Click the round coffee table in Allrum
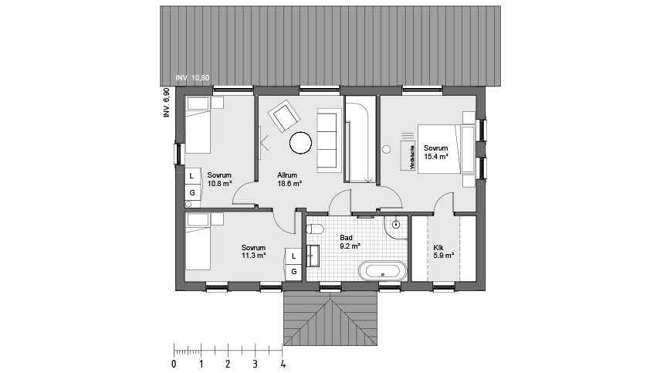click(300, 141)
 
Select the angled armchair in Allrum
click(283, 117)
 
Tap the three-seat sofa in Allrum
click(328, 139)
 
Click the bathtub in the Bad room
click(383, 271)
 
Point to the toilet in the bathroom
click(315, 229)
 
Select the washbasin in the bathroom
click(313, 256)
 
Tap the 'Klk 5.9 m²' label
click(443, 251)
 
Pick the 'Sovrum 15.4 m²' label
click(436, 152)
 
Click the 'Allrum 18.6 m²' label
click(289, 180)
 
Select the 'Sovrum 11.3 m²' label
click(253, 250)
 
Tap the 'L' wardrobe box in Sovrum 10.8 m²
click(191, 176)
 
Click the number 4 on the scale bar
click(283, 363)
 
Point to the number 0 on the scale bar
click(174, 363)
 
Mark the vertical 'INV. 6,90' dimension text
click(166, 102)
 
